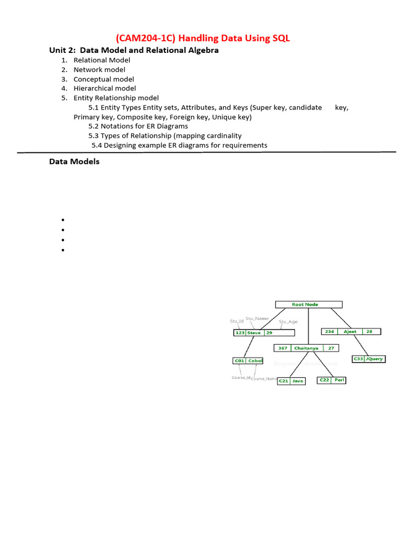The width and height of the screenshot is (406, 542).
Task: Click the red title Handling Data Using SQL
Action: (x=203, y=38)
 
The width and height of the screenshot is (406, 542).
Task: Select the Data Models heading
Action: (x=74, y=161)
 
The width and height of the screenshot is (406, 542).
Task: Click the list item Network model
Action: (x=99, y=69)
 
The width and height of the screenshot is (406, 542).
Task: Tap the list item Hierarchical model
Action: (x=105, y=88)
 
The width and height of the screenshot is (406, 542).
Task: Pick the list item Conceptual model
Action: (x=104, y=79)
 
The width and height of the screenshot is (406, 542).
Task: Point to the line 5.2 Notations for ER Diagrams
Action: (x=138, y=126)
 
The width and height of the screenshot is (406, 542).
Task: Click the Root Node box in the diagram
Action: (x=309, y=304)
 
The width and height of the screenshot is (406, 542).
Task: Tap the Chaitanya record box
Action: (x=307, y=348)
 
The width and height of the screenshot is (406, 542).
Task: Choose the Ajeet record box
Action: (x=351, y=331)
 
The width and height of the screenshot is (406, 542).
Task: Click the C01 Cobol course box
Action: (x=247, y=361)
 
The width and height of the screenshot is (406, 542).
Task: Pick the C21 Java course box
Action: (x=291, y=381)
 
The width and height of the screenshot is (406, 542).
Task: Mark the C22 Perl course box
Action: (x=331, y=380)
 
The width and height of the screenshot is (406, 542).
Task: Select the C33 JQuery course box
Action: (x=368, y=359)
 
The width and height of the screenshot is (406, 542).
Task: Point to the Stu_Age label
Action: (x=288, y=322)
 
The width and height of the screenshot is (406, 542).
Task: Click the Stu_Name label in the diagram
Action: (x=257, y=319)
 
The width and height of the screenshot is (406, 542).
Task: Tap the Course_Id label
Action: (x=241, y=377)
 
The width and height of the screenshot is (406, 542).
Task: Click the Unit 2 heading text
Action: (x=134, y=50)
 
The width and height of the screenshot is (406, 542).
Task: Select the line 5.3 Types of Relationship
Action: (x=165, y=135)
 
